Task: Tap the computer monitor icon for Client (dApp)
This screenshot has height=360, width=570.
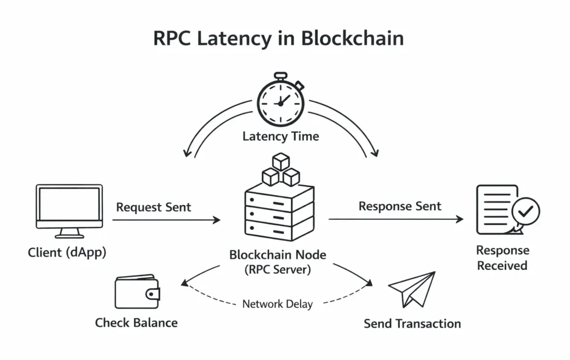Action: coord(70,207)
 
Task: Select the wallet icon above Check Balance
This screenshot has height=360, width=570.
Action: coord(137,292)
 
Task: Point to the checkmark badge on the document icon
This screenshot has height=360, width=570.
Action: coord(525,212)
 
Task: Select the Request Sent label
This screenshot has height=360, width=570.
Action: coord(154,208)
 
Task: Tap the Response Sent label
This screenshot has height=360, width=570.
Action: coord(400,206)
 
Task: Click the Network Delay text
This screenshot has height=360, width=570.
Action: coord(277,304)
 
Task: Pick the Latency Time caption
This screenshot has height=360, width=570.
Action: coord(281,136)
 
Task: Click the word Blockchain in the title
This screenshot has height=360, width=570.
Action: coord(352,38)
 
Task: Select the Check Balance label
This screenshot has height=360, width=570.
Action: coord(136,323)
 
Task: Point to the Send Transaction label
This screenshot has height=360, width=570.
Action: coord(412,323)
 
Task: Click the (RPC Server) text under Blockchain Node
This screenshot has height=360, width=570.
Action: coord(278,270)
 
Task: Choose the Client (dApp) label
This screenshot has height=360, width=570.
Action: coord(67,253)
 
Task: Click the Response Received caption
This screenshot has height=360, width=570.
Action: coord(502,258)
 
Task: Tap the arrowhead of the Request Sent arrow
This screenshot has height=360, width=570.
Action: coord(217,220)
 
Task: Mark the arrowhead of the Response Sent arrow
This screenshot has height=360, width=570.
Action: coord(460,219)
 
